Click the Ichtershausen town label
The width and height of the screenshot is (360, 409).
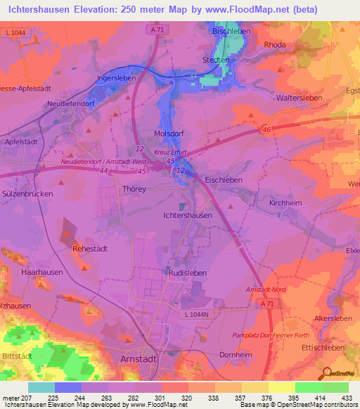pyautogui.click(x=187, y=216)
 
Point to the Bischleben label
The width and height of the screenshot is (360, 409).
pyautogui.click(x=233, y=32)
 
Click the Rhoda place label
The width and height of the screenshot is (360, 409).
pyautogui.click(x=274, y=44)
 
